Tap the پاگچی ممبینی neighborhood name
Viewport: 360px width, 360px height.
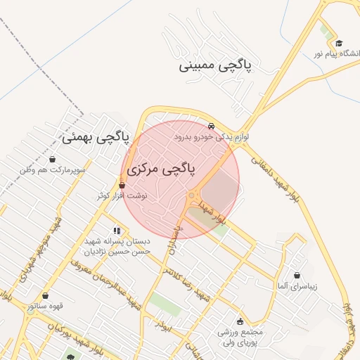click(219, 66)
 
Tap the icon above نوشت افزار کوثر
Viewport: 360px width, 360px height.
click(122, 185)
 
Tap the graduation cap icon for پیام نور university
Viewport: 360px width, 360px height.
click(339, 44)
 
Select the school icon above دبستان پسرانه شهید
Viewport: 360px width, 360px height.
click(117, 230)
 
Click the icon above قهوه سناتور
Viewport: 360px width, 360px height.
click(46, 296)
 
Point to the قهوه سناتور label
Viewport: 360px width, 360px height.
click(46, 307)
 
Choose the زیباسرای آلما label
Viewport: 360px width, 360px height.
click(297, 286)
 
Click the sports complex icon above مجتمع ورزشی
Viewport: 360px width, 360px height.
click(240, 321)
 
